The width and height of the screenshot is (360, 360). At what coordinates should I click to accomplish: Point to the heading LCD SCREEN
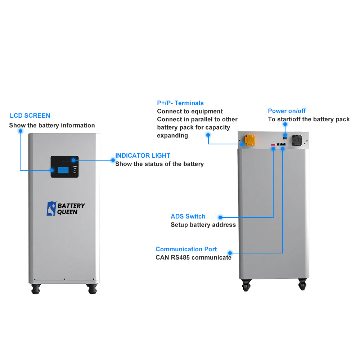(30, 116)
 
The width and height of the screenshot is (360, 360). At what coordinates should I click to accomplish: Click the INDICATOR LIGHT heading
(143, 156)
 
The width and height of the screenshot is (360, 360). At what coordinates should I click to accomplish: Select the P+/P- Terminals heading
(180, 103)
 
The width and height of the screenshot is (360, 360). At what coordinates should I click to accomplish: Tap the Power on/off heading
(287, 111)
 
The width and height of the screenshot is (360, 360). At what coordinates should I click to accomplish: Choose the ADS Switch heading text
(188, 216)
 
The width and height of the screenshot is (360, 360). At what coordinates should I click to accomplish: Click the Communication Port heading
(186, 249)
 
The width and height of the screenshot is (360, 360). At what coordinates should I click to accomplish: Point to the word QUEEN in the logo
(67, 212)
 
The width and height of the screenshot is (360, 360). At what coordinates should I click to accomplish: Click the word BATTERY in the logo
(71, 206)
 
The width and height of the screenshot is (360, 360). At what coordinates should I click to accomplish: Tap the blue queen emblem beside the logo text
(51, 209)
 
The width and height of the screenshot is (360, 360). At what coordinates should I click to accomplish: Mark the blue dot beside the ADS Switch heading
(220, 217)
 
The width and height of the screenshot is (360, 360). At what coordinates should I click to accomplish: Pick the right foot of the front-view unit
(92, 288)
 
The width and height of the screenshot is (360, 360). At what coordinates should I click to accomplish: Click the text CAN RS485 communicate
(193, 257)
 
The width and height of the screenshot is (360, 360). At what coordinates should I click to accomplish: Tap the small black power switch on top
(285, 137)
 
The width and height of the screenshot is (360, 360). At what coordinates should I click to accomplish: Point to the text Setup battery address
(203, 225)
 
